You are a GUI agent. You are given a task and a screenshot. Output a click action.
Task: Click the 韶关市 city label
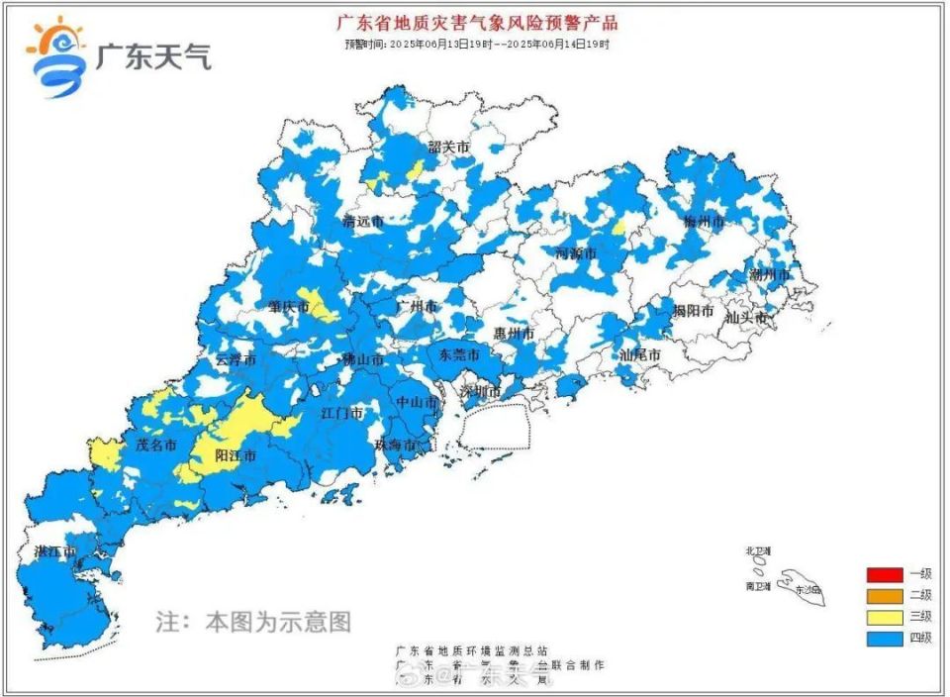(x=449, y=148)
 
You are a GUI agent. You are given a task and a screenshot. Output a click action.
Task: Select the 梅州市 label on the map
(x=705, y=222)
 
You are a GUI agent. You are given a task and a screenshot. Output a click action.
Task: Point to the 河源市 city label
(x=576, y=253)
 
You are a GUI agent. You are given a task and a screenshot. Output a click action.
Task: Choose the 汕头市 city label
(x=746, y=318)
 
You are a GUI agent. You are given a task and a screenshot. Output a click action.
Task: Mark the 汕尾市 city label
(x=640, y=353)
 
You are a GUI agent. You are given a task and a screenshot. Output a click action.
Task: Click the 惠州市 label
(x=515, y=335)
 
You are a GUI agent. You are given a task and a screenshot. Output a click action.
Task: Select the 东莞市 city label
(x=459, y=353)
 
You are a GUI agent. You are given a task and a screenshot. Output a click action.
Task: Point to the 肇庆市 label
(x=289, y=307)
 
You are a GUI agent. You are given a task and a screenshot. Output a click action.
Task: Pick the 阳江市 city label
(x=236, y=456)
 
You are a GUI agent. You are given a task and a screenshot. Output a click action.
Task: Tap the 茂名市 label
(x=155, y=446)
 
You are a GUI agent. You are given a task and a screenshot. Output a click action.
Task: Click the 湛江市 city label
(x=55, y=551)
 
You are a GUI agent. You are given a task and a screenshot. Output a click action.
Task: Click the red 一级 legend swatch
(x=884, y=574)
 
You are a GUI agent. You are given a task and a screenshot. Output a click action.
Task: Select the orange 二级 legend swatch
(x=884, y=595)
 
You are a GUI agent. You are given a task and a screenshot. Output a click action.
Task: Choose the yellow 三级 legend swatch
(x=884, y=616)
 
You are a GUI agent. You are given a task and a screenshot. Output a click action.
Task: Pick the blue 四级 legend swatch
(x=884, y=638)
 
